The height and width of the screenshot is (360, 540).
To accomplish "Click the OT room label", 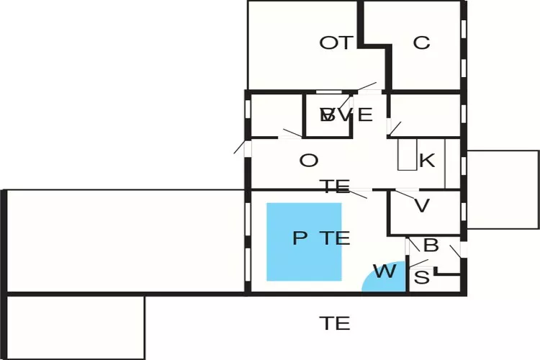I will coord(336,43).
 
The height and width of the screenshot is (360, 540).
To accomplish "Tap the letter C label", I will coord(421,43).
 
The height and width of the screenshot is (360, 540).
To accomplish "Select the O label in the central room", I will coord(308,161).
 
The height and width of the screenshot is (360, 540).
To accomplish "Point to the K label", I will coord(426,161).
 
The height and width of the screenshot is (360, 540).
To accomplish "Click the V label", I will coord(422,206).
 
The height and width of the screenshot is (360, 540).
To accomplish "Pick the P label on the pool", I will coord(300,238).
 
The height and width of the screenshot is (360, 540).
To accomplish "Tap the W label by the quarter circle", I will coord(384,272).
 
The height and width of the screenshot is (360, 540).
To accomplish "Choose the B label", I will coord(431,246).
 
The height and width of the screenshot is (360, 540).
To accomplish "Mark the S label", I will coord(423,277).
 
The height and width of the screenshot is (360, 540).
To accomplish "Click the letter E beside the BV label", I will coord(365,115).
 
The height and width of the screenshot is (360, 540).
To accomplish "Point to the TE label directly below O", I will coord(336,188).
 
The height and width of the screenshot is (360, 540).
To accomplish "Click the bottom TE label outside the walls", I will coord(336,324).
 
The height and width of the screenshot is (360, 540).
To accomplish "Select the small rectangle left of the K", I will coord(407,154).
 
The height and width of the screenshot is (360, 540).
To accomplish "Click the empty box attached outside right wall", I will coord(503,189).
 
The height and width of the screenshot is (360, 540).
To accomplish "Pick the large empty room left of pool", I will coord(126,241).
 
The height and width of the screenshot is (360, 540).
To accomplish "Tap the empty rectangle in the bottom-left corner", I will coord(76,328).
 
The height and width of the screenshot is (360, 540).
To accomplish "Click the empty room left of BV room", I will coord(275,115).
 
